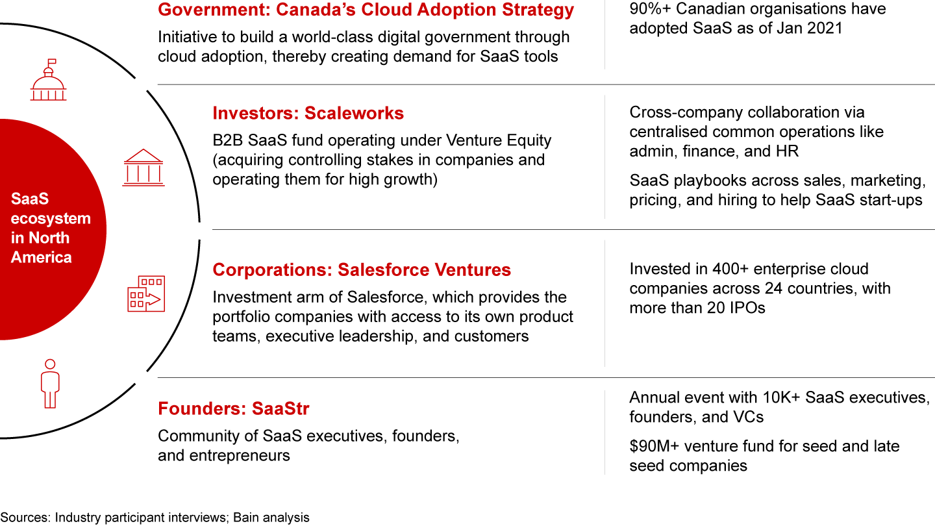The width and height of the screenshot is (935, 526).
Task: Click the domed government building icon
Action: point(49,80)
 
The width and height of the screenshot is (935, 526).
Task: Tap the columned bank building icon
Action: point(143,168)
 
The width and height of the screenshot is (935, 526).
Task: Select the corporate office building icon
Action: point(146,294)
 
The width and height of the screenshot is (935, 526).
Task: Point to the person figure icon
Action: point(50,383)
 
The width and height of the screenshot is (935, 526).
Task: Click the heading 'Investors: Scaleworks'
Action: point(308,113)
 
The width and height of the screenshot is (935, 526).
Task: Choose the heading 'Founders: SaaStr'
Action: point(233,408)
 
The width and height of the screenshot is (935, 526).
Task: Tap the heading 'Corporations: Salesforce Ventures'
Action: point(362,269)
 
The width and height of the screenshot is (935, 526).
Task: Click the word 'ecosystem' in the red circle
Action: point(51,219)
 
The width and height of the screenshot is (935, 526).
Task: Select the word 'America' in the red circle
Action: point(42,257)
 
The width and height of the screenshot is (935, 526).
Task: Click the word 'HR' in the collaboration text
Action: point(786,151)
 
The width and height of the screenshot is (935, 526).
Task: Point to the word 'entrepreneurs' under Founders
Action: point(240,456)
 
